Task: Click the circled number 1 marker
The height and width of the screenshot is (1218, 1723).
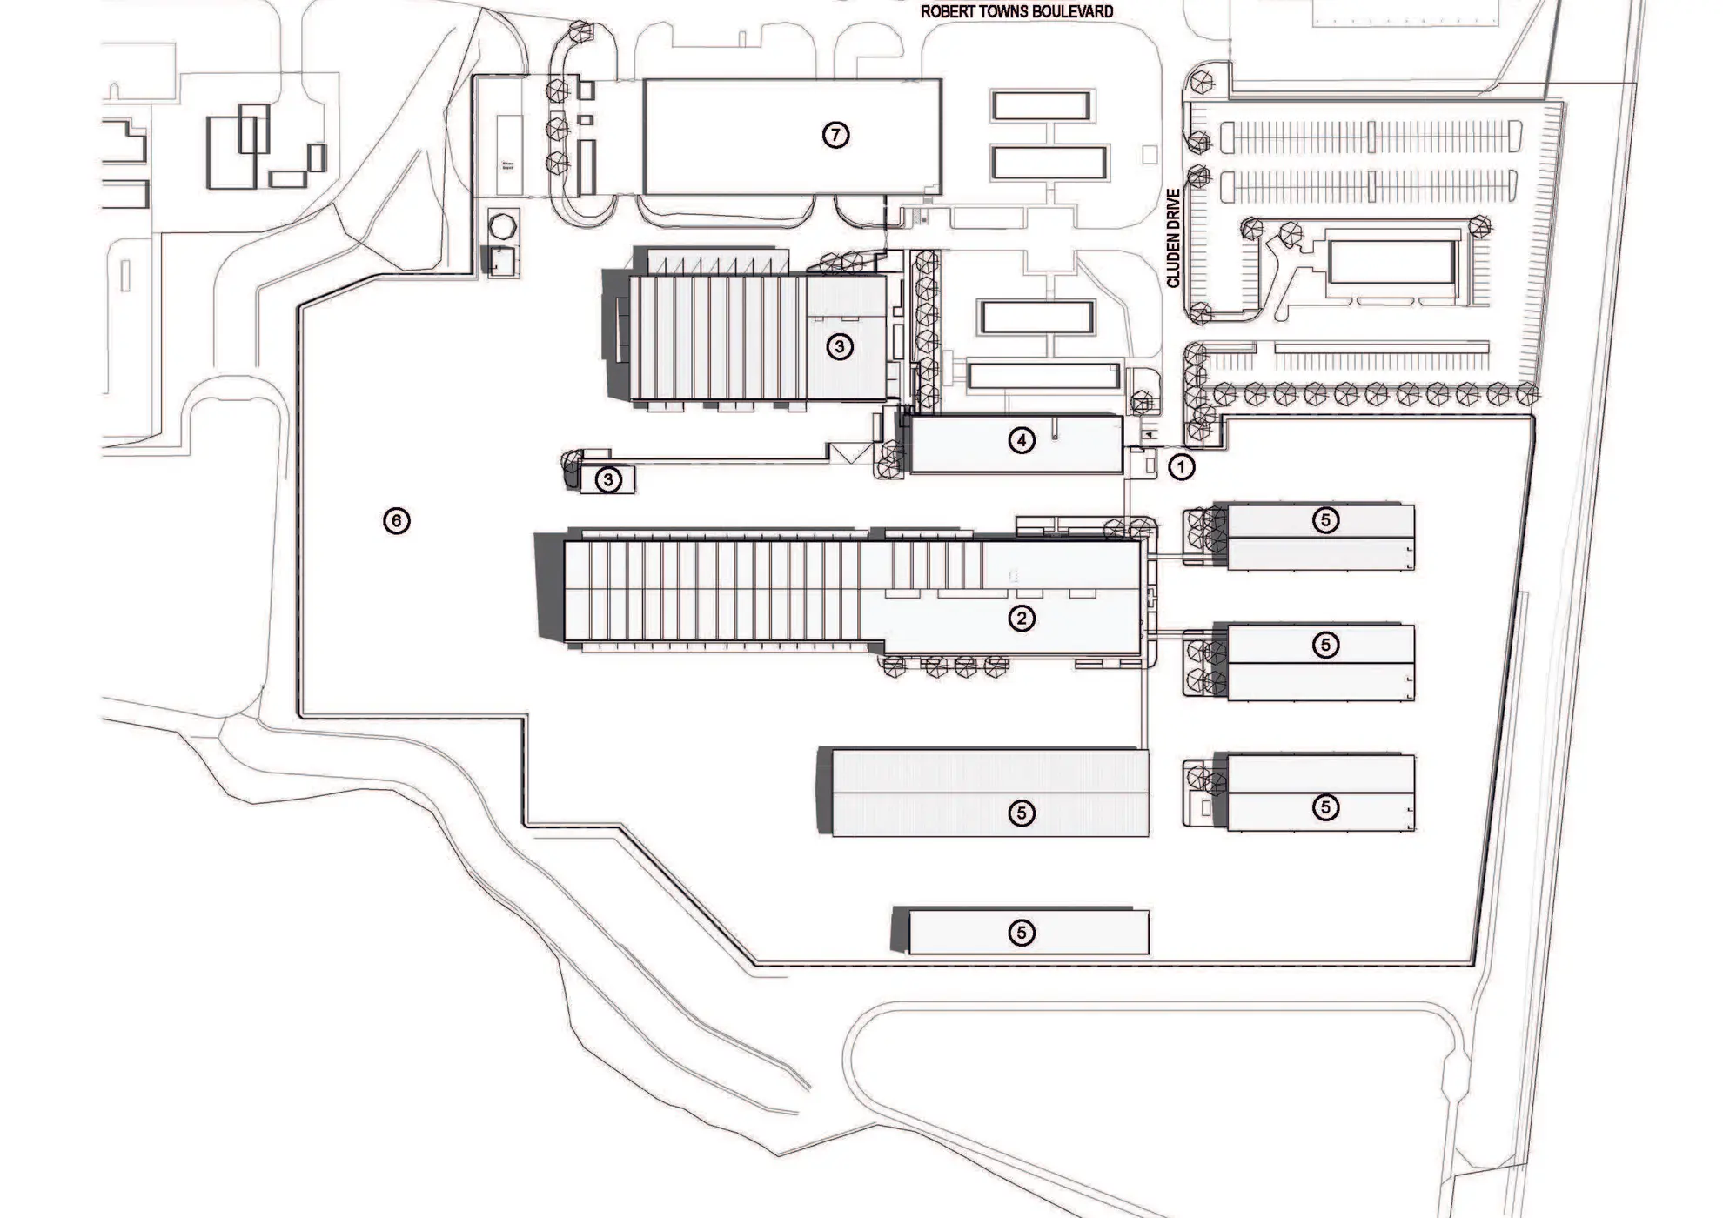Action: [1181, 467]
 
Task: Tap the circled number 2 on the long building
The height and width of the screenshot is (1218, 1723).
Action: [1022, 619]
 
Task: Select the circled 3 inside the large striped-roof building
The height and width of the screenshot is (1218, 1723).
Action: [839, 347]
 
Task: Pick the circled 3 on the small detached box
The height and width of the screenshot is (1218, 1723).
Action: [608, 479]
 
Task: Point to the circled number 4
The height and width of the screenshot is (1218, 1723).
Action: [1022, 441]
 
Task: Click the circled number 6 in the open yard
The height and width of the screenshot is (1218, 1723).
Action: [397, 521]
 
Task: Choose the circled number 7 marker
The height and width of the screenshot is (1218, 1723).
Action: [835, 135]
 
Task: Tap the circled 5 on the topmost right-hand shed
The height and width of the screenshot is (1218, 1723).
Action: [1325, 520]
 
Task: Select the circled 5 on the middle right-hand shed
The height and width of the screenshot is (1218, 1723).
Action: [1325, 645]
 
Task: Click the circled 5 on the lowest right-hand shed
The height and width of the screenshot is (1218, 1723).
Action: [1325, 807]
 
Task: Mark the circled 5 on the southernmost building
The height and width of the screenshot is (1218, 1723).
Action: [1022, 933]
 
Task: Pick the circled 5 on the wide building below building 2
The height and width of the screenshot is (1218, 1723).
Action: [1022, 813]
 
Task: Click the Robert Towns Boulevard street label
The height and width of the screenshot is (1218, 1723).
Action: [1016, 12]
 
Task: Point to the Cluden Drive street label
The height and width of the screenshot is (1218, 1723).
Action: [1174, 238]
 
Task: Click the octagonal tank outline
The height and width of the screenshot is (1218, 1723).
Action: [503, 226]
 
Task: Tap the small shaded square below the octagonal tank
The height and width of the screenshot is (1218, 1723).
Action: [499, 260]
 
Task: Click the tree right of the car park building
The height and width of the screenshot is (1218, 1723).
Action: [1479, 228]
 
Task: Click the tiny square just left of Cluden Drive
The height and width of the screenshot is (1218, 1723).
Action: [1150, 154]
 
